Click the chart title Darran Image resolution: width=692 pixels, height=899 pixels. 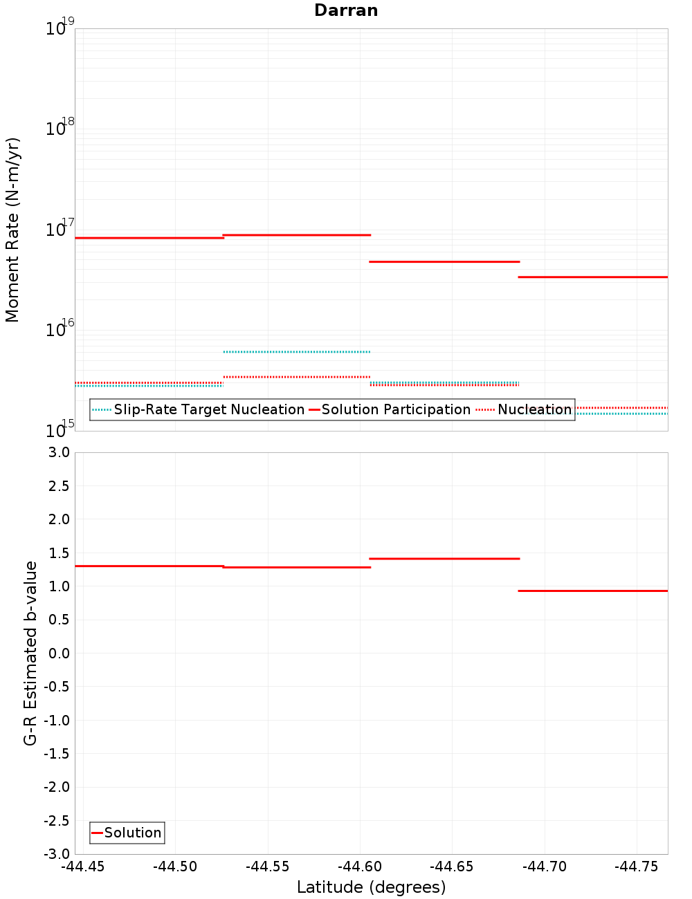click(x=346, y=10)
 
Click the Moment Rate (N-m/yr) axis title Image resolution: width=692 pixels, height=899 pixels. click(x=12, y=230)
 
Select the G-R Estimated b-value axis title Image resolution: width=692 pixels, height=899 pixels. click(x=30, y=653)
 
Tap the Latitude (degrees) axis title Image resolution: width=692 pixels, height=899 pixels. click(x=371, y=887)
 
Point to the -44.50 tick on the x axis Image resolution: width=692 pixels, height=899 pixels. click(x=175, y=866)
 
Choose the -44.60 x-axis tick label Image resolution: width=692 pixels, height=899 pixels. click(x=360, y=866)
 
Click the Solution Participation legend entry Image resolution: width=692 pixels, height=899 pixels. click(x=390, y=409)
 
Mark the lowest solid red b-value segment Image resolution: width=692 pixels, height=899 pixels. click(x=593, y=591)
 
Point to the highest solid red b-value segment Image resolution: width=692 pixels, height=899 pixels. click(x=444, y=558)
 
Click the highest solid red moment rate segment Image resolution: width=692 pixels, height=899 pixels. click(x=296, y=235)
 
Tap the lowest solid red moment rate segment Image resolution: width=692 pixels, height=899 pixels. click(x=593, y=277)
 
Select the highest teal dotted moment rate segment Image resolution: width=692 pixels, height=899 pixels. click(x=296, y=352)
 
